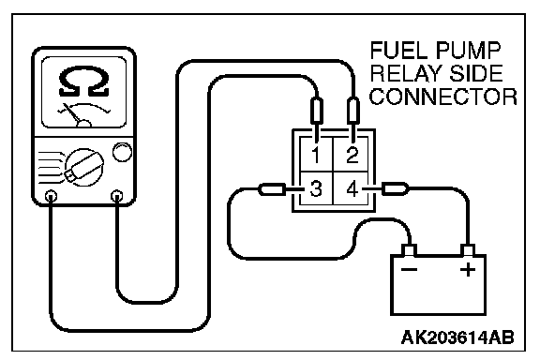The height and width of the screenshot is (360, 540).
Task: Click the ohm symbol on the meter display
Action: [x=84, y=82]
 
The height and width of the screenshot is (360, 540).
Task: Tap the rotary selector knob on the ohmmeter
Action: [x=83, y=168]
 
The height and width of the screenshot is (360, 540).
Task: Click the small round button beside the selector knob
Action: [x=122, y=152]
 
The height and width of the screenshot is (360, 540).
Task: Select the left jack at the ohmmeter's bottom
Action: [x=51, y=196]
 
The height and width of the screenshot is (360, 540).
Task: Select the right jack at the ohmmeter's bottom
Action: [x=117, y=196]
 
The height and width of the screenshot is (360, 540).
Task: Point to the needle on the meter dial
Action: [x=72, y=113]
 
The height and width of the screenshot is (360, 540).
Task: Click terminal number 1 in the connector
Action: [x=315, y=155]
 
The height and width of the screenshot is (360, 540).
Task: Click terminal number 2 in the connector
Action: [x=352, y=155]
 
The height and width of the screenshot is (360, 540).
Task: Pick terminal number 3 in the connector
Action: [x=316, y=188]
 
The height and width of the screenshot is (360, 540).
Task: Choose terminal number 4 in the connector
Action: [x=352, y=188]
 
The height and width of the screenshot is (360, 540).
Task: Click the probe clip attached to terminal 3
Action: [x=276, y=189]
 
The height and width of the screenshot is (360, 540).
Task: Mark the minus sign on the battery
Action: [x=410, y=269]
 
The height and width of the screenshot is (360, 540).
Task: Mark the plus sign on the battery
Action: [x=468, y=269]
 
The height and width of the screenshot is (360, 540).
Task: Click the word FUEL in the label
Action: [x=399, y=51]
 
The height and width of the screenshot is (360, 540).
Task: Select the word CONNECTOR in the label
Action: [x=443, y=97]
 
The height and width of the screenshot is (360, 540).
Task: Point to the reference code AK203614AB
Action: [x=457, y=337]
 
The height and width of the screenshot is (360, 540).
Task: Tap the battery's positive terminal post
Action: [x=468, y=250]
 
